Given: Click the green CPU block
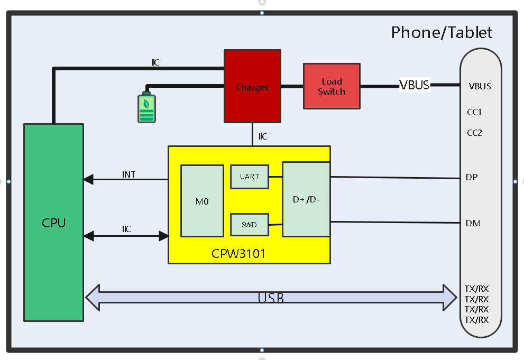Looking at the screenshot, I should pyautogui.click(x=53, y=222).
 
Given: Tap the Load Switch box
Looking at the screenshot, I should pyautogui.click(x=332, y=86).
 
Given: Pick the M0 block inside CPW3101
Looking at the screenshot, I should pyautogui.click(x=202, y=201).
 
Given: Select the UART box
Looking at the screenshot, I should pyautogui.click(x=249, y=177).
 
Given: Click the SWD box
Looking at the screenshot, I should pyautogui.click(x=249, y=225).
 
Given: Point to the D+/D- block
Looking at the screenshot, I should pyautogui.click(x=306, y=199).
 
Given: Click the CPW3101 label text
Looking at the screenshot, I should pyautogui.click(x=238, y=254).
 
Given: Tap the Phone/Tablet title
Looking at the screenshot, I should pyautogui.click(x=442, y=33).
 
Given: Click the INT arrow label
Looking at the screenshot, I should pyautogui.click(x=129, y=174).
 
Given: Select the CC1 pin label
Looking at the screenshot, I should pyautogui.click(x=474, y=112).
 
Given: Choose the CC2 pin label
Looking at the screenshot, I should pyautogui.click(x=474, y=133).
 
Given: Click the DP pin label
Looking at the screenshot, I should pyautogui.click(x=472, y=177).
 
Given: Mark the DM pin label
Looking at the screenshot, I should pyautogui.click(x=473, y=223).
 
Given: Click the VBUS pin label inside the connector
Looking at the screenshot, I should pyautogui.click(x=480, y=86).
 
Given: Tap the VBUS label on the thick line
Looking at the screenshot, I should pyautogui.click(x=414, y=85).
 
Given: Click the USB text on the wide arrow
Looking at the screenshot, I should pyautogui.click(x=271, y=298).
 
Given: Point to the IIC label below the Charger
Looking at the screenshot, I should pyautogui.click(x=263, y=137).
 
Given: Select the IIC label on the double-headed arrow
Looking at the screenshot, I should pyautogui.click(x=126, y=229).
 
